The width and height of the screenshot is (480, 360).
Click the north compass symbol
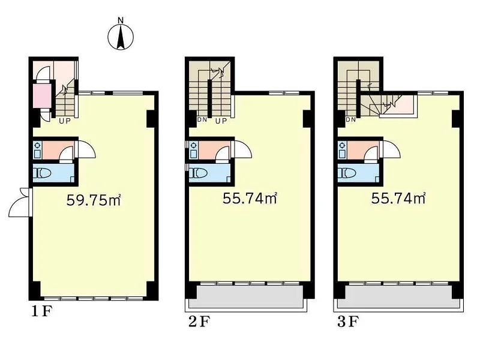coord(121,35)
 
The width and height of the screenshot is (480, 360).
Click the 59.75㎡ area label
coord(94,200)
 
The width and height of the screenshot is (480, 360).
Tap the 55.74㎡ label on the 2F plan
coord(250,199)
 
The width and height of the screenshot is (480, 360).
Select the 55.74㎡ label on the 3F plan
coord(398,199)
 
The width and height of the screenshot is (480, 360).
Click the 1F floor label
coord(43,311)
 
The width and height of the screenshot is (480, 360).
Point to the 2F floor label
coord(199,322)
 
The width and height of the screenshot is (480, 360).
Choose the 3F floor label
coord(348,322)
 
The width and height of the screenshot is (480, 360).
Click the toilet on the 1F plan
coord(43,173)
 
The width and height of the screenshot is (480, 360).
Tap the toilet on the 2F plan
coord(199,173)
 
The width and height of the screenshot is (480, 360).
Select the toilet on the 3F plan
coord(347,173)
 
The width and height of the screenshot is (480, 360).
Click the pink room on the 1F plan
coord(42,96)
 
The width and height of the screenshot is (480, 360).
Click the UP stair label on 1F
coord(65,121)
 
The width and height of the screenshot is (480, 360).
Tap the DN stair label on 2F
coord(202,119)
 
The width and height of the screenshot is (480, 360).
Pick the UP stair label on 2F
coord(221,121)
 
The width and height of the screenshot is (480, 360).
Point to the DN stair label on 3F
coord(351,119)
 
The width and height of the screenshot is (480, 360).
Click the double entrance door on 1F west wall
coord(20,202)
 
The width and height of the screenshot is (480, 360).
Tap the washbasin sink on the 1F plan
coord(38,149)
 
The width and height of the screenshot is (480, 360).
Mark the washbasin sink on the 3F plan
coord(342,149)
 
